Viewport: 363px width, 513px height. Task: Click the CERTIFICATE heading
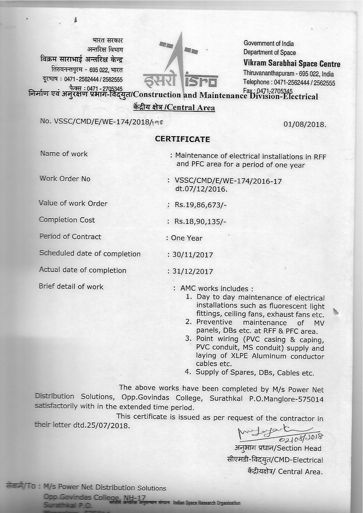(182, 139)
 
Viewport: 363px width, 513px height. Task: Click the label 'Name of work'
(64, 154)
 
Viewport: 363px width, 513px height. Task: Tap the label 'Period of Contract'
(70, 237)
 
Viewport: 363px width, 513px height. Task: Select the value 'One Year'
(187, 238)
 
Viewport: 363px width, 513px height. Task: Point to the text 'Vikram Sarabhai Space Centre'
(291, 64)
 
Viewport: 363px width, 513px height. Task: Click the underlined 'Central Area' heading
(174, 108)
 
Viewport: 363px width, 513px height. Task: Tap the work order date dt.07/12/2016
(201, 189)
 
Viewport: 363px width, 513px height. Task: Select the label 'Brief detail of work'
(71, 287)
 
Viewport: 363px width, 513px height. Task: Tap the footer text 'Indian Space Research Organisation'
(206, 503)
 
